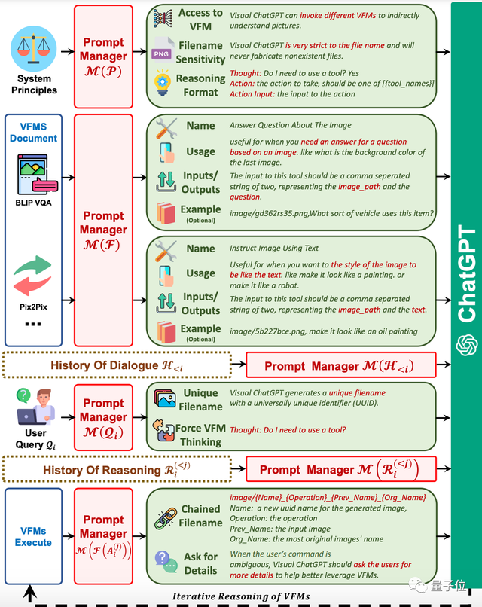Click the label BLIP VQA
tap(33, 203)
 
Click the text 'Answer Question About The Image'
tap(291, 125)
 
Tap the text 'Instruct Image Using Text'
tap(274, 248)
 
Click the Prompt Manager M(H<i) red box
tap(340, 366)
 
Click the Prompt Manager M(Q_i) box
tap(105, 416)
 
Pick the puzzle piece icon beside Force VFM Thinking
tap(163, 432)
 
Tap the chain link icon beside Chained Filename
tap(165, 518)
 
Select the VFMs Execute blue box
tap(33, 536)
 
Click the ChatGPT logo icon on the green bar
tap(467, 344)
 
